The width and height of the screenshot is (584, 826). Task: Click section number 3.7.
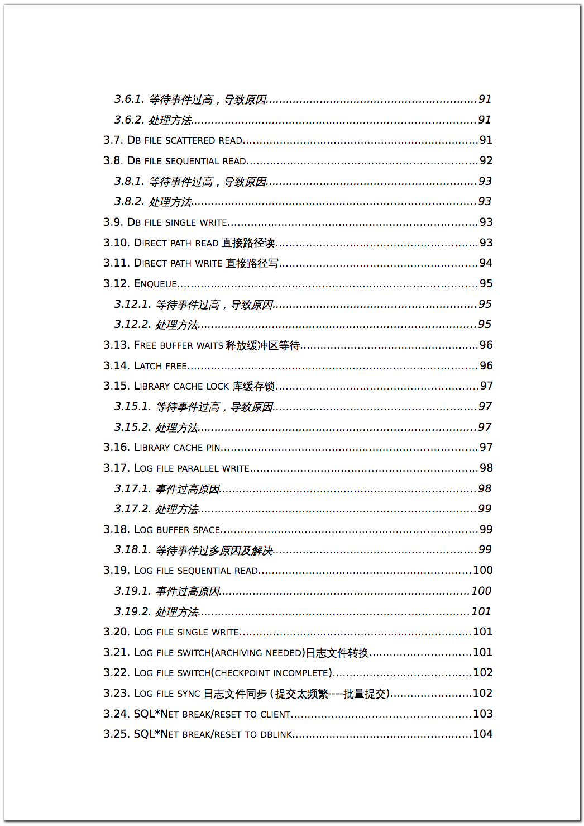coord(113,140)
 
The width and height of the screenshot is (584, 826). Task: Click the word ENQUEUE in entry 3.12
coord(156,284)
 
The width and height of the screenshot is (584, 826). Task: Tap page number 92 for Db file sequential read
coord(486,160)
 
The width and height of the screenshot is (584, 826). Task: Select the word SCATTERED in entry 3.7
coord(190,140)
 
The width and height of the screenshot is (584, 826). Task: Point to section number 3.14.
coord(116,365)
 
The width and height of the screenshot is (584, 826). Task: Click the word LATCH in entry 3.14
coord(148,366)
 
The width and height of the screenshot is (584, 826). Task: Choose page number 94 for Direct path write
coord(486,263)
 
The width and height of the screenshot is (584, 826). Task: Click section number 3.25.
coord(116,734)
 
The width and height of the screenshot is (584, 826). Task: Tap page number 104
coord(482,734)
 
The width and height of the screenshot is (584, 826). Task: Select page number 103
coord(482,714)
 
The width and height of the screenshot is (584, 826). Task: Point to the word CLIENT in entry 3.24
coord(275,714)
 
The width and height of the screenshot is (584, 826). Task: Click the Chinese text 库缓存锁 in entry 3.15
coord(253,386)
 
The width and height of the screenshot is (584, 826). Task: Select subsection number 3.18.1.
coord(132,549)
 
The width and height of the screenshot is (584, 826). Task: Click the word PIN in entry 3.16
coord(213,448)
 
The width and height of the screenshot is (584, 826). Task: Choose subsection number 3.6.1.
coord(129,99)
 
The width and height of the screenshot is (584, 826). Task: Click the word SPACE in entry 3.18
coord(206,530)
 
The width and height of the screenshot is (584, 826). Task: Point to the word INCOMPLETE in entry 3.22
coord(300,673)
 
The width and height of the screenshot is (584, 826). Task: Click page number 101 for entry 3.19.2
coord(481,611)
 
